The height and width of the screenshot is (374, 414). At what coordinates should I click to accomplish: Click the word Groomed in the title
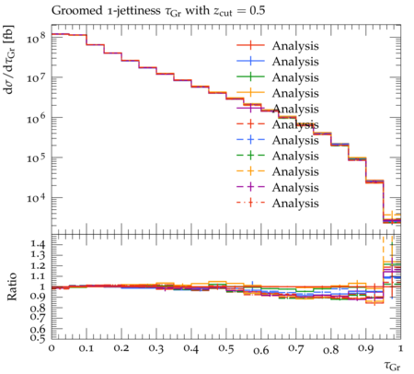click(x=76, y=10)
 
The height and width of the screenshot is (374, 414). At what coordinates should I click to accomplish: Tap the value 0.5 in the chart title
click(x=257, y=10)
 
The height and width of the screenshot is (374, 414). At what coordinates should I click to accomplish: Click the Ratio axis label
click(x=11, y=286)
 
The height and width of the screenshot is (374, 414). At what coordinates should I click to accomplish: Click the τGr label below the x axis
click(x=392, y=366)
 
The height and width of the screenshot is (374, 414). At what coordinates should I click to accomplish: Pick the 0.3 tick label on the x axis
click(x=156, y=348)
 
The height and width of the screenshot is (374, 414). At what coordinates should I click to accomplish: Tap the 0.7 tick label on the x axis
click(x=296, y=348)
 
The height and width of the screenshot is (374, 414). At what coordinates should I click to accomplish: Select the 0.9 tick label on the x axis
click(x=366, y=348)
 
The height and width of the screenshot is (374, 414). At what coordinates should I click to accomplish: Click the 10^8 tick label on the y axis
click(x=36, y=38)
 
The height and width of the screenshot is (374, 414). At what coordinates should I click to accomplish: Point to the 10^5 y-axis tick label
click(x=36, y=158)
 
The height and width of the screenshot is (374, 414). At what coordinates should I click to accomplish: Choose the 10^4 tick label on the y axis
click(x=36, y=198)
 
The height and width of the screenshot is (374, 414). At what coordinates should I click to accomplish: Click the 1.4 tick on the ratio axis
click(x=38, y=244)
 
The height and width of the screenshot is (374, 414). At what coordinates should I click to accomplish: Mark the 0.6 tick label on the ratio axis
click(x=38, y=329)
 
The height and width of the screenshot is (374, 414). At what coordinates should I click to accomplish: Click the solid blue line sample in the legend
click(x=250, y=61)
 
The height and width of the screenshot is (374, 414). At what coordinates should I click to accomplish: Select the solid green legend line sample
click(x=250, y=76)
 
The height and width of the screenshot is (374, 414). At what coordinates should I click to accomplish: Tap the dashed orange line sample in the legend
click(x=250, y=171)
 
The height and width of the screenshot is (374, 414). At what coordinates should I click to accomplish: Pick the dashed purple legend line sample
click(x=250, y=187)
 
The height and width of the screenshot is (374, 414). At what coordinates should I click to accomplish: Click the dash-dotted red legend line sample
click(x=250, y=203)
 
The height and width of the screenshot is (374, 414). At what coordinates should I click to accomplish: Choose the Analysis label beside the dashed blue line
click(x=295, y=140)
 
